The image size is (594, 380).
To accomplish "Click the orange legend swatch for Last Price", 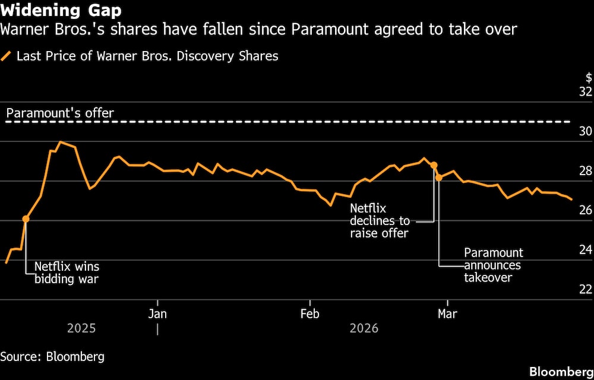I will click(x=7, y=56).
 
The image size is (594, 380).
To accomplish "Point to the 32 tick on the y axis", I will click(x=585, y=92).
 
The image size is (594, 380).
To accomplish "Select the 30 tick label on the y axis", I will click(x=585, y=132).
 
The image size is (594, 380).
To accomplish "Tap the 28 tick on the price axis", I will click(x=585, y=171).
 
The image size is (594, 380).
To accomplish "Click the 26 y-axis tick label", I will click(x=585, y=210).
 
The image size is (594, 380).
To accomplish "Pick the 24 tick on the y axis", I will click(x=585, y=250).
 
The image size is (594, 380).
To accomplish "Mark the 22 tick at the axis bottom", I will click(x=585, y=289).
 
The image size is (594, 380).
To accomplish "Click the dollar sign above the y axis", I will click(x=589, y=78).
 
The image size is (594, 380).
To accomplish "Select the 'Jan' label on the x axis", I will click(x=157, y=313).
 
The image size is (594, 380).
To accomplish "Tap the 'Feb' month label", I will click(x=309, y=313).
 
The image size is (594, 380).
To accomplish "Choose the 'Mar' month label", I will click(x=447, y=313).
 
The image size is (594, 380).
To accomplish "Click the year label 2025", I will click(x=81, y=328).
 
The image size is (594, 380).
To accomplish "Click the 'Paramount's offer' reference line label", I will click(x=60, y=113).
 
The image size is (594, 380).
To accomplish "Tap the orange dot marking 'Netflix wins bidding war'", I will click(x=26, y=219).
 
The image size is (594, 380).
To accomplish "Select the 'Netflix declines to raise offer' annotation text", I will click(x=379, y=221).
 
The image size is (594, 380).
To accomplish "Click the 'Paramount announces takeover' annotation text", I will click(x=493, y=265).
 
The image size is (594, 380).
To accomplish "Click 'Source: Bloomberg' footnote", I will click(x=52, y=357).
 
